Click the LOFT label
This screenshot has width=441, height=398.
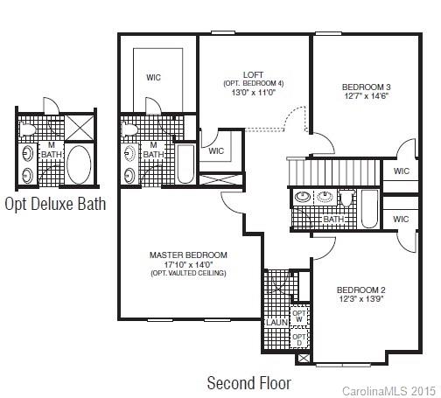tap(254, 74)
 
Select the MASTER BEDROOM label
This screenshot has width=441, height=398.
tap(187, 255)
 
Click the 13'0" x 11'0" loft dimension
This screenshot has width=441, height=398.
tap(254, 92)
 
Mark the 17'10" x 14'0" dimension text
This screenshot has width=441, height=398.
tap(187, 264)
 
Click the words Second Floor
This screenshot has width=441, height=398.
tap(248, 382)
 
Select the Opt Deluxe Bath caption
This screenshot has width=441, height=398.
tap(55, 205)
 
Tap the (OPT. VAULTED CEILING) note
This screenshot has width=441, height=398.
tap(187, 274)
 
